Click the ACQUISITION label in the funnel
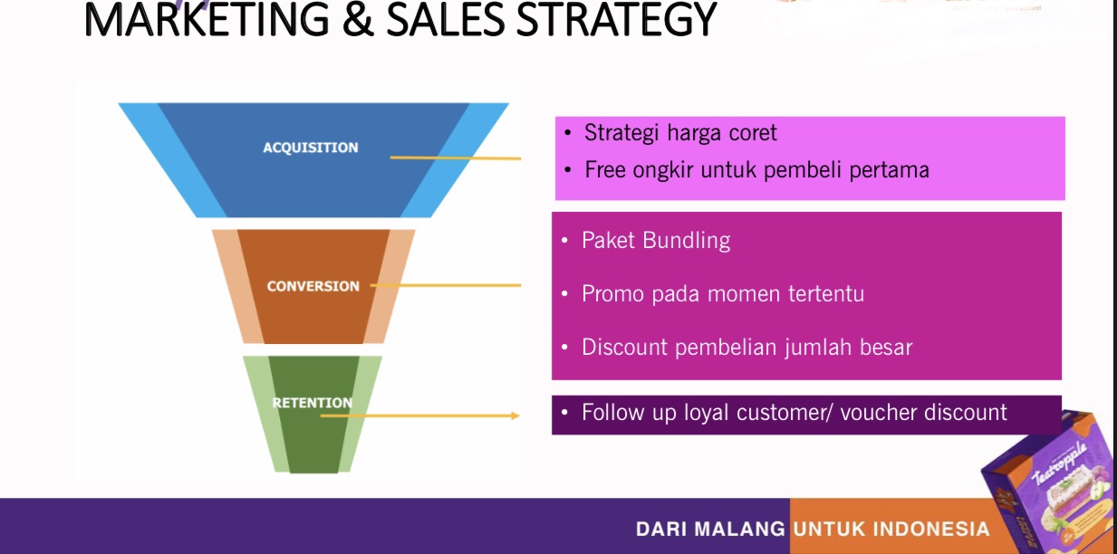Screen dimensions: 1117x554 310,148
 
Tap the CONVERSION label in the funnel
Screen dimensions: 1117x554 313,286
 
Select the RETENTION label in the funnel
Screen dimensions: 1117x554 313,403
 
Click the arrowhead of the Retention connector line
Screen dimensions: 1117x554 515,415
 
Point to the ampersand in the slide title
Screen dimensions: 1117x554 358,20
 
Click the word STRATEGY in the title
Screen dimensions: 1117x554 616,20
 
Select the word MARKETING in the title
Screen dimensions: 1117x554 207,20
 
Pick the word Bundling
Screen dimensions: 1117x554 686,241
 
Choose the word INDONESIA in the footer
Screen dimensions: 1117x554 931,529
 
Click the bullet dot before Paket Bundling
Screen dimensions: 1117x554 564,241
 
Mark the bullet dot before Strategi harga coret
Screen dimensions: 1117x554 567,133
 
